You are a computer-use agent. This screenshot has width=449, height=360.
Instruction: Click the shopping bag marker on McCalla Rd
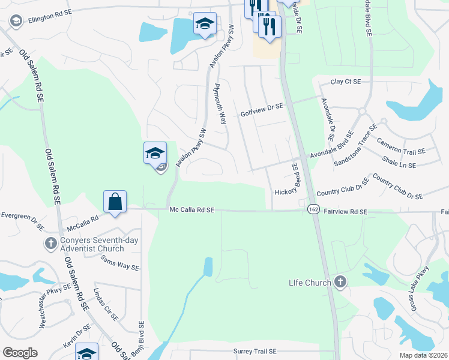click(x=115, y=202)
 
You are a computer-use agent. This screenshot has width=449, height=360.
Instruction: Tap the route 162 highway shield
click(x=313, y=209)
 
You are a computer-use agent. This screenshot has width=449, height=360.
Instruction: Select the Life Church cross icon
click(x=340, y=283)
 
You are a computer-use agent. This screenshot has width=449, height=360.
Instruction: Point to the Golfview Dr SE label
click(x=261, y=109)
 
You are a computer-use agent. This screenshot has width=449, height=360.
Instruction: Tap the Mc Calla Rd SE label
click(x=191, y=210)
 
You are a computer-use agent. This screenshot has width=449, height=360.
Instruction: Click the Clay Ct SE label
click(x=346, y=82)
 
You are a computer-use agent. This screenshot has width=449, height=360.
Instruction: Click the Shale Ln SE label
click(x=403, y=163)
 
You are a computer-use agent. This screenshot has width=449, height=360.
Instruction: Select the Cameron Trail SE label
click(x=400, y=146)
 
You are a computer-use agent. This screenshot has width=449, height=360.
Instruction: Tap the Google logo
click(x=20, y=352)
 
